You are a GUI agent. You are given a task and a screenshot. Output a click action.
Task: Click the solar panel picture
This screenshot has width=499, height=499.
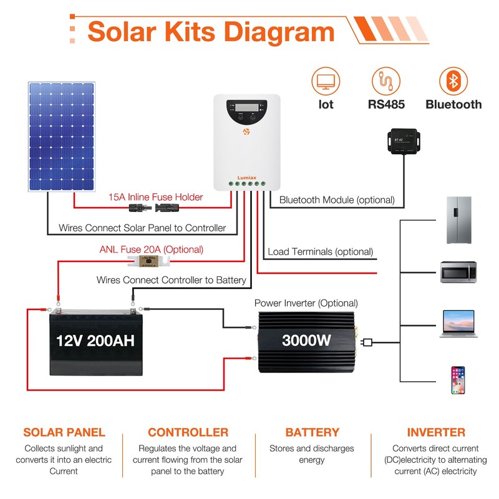[61, 137]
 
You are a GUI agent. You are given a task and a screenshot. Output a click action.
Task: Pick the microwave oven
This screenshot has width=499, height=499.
[458, 273]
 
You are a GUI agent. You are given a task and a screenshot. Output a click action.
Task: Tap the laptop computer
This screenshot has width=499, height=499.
[458, 324]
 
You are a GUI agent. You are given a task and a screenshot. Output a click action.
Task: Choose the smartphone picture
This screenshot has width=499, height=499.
[458, 379]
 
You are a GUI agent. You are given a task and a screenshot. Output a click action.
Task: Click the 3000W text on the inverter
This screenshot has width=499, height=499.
[307, 341]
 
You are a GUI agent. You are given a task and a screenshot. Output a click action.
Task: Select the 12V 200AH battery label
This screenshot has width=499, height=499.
[95, 341]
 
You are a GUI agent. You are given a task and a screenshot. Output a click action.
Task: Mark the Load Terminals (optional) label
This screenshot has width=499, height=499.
[320, 252]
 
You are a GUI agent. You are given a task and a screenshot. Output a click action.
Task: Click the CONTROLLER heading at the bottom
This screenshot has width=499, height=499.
[188, 432]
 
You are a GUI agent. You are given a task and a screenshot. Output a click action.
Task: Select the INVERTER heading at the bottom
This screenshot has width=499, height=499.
[436, 432]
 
